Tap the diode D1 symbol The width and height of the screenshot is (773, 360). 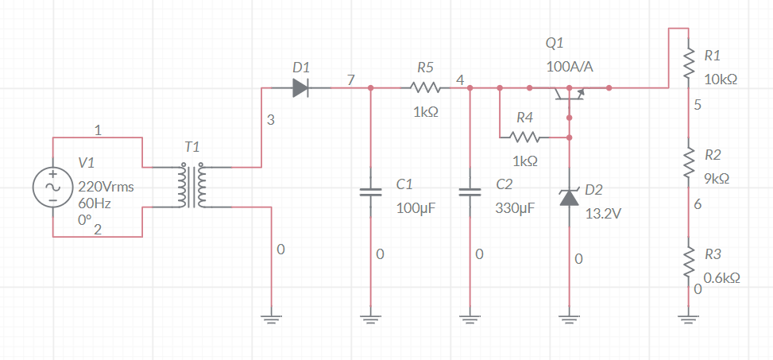tap(300, 87)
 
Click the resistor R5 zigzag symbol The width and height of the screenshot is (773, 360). tap(425, 87)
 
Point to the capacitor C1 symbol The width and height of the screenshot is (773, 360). tap(370, 192)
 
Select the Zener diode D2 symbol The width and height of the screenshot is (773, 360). tap(569, 196)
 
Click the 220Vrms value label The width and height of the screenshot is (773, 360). tap(105, 188)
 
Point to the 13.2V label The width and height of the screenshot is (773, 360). tap(601, 214)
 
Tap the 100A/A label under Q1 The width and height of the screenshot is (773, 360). tap(570, 67)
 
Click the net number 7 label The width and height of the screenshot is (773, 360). tap(351, 79)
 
